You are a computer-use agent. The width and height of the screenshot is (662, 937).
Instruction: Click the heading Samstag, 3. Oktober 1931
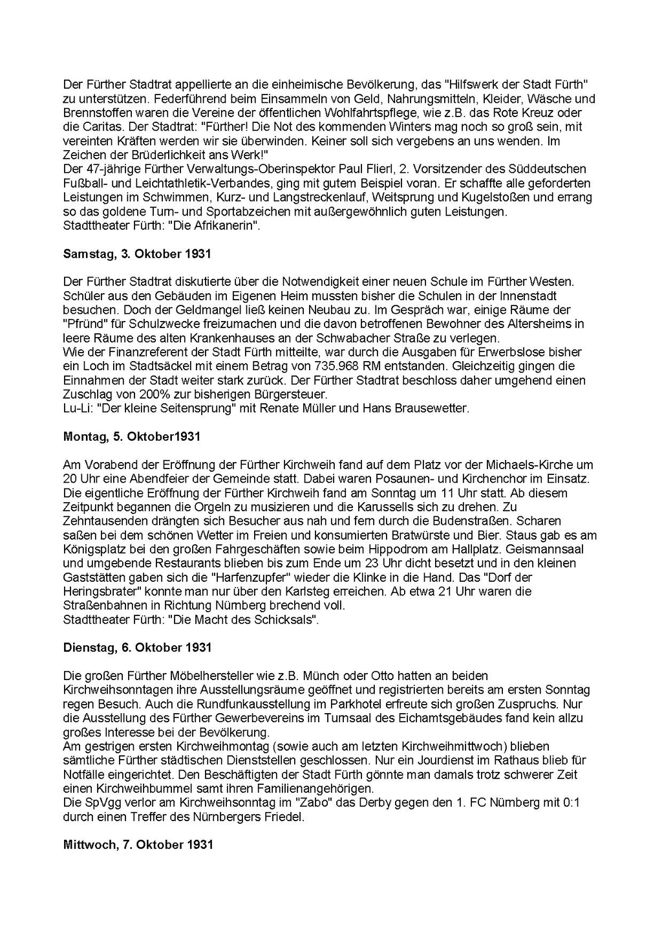pos(137,254)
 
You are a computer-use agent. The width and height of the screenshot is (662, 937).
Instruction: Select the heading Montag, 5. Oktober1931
pos(132,437)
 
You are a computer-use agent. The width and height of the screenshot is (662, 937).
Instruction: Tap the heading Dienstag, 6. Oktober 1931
pos(138,648)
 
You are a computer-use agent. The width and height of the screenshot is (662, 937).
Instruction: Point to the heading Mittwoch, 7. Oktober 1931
pos(138,844)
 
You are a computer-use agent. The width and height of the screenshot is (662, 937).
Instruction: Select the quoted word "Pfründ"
pos(83,324)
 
